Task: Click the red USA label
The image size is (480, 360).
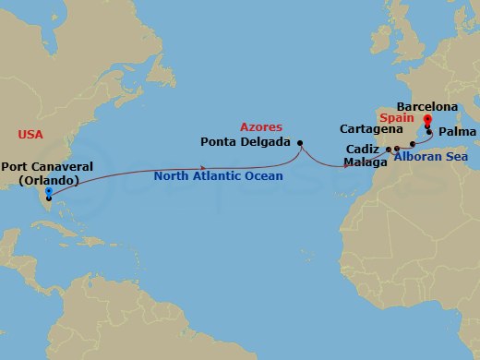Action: pos(30,135)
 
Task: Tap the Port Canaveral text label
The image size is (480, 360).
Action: pos(47,167)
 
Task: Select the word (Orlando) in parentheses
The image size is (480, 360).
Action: pos(47,180)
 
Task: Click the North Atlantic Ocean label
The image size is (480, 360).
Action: pos(218,175)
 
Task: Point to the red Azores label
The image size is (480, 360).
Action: pos(260,126)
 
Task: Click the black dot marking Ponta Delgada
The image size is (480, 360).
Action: pos(300,142)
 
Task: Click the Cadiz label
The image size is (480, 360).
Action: pos(363,149)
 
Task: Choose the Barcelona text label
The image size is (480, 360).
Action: pos(426,107)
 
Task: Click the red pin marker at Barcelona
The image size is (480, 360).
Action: pos(427,119)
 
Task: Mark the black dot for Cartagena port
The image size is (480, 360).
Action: pos(412,145)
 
